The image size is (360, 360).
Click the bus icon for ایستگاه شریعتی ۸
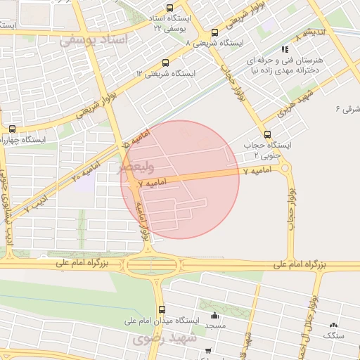pyautogui.click(x=214, y=32)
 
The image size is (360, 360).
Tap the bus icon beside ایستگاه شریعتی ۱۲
pyautogui.click(x=165, y=63)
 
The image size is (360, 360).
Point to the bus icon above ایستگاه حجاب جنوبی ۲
pyautogui.click(x=266, y=134)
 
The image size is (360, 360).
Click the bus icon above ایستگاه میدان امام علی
pyautogui.click(x=162, y=309)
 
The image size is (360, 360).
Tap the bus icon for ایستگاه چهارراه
pyautogui.click(x=12, y=129)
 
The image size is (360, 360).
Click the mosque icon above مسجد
pyautogui.click(x=214, y=314)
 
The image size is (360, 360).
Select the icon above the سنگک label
pyautogui.click(x=333, y=326)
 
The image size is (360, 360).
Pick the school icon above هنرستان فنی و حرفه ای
pyautogui.click(x=285, y=49)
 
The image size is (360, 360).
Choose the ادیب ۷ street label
pyautogui.click(x=37, y=206)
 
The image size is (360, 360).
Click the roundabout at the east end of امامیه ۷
pyautogui.click(x=285, y=167)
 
